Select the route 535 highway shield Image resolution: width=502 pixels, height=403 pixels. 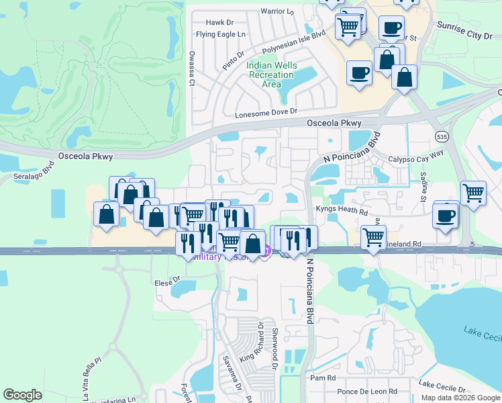tap(440, 136)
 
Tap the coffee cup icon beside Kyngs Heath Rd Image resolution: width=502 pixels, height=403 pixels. tap(446, 216)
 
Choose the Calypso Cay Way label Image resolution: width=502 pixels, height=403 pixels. tap(417, 160)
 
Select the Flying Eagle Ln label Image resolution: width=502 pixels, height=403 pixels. tap(221, 34)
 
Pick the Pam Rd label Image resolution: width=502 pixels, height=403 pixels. tap(318, 378)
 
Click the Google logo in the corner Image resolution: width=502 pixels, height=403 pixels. tap(22, 395)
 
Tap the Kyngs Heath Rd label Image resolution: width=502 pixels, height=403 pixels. tap(342, 211)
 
